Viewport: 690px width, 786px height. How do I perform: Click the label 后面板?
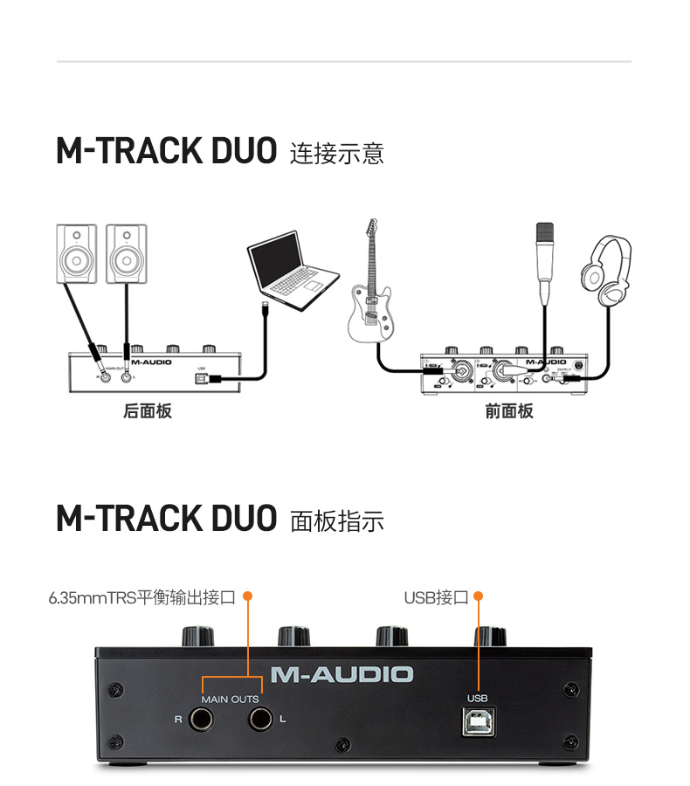[147, 410]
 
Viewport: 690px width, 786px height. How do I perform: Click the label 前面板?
[509, 410]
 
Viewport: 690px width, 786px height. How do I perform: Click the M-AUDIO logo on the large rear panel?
[342, 674]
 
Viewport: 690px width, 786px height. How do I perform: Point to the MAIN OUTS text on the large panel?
[231, 700]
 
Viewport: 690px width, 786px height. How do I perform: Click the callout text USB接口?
[436, 597]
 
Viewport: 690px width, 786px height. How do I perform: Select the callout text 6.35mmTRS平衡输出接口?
[142, 597]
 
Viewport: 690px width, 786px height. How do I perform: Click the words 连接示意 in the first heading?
[336, 154]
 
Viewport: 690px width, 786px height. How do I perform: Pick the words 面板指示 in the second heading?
[336, 521]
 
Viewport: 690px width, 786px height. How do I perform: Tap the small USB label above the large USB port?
[477, 698]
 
